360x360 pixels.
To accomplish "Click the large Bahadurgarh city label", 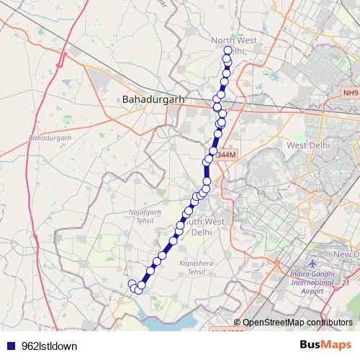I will point(154,99).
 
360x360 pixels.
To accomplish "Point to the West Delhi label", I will point(308,145).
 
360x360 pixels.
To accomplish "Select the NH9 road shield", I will point(350,92).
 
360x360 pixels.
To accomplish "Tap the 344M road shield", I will point(225,155).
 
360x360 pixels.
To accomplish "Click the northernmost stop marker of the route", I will point(228,50).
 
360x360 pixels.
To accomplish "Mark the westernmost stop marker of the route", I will point(132,284).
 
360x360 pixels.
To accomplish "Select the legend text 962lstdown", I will point(50,346).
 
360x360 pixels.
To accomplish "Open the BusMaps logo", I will point(325,345).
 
